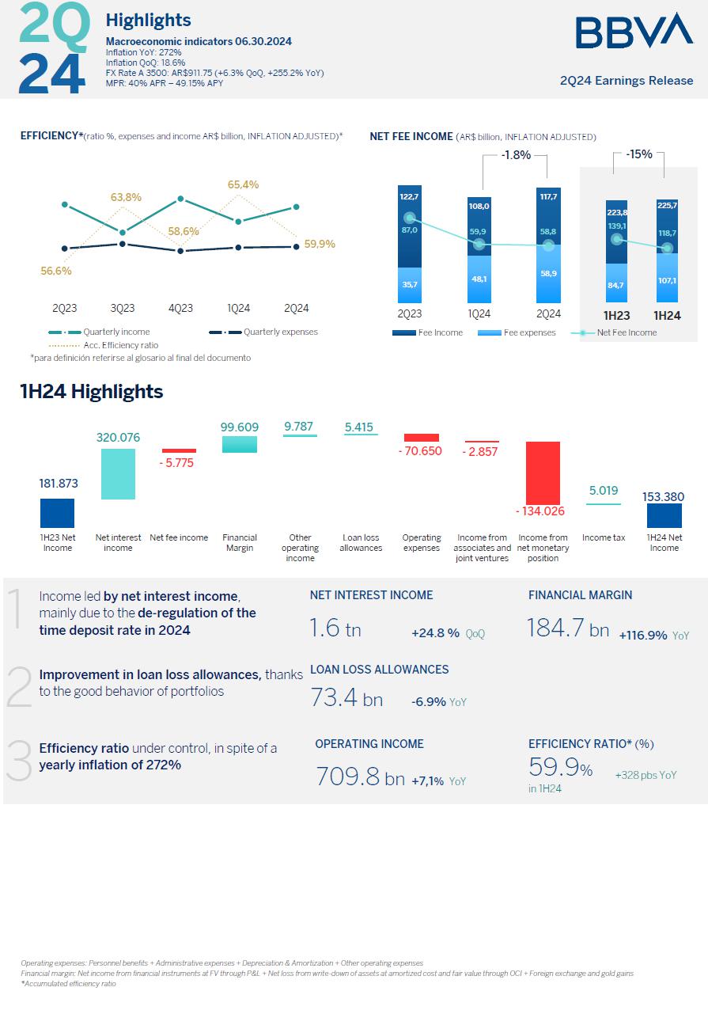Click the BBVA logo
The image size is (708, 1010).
[x=634, y=31]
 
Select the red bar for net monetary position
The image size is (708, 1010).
[x=543, y=472]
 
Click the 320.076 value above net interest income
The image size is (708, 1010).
[x=118, y=437]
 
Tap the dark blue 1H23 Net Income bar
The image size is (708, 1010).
[x=57, y=513]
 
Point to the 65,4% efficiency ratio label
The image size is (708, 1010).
[x=243, y=184]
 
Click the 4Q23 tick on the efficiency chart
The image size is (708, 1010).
[x=180, y=309]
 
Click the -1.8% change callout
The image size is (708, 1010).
[x=516, y=155]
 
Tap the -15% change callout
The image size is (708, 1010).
[x=638, y=154]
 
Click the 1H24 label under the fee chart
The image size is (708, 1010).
[x=667, y=316]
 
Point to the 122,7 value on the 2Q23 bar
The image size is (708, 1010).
[x=409, y=196]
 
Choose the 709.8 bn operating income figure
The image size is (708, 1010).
[x=360, y=777]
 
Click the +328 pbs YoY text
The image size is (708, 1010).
[x=646, y=776]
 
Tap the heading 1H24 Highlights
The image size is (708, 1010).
[x=92, y=392]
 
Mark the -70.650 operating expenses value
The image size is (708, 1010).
[x=421, y=452]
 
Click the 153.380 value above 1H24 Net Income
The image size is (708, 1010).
[x=664, y=497]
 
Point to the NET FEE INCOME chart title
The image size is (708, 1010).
[x=411, y=136]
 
